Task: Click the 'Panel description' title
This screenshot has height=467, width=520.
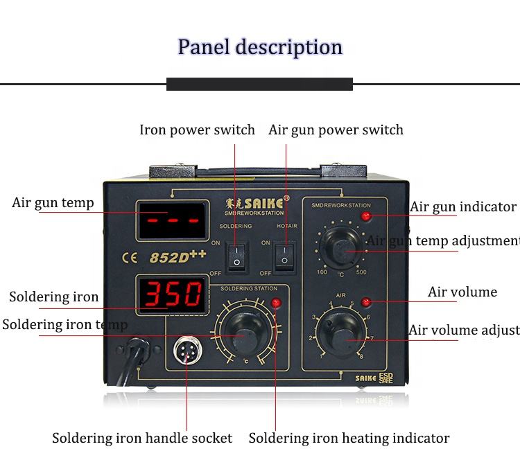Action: pyautogui.click(x=260, y=47)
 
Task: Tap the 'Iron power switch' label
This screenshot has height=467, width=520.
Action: pyautogui.click(x=197, y=130)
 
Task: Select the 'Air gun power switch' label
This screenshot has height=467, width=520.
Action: pyautogui.click(x=336, y=130)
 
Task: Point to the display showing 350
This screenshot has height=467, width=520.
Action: pyautogui.click(x=172, y=294)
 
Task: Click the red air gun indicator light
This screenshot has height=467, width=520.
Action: pyautogui.click(x=366, y=216)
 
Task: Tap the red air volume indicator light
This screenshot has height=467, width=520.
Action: pyautogui.click(x=366, y=301)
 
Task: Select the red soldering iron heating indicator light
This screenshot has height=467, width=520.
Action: pyautogui.click(x=276, y=303)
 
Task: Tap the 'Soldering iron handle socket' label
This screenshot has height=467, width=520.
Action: pyautogui.click(x=142, y=438)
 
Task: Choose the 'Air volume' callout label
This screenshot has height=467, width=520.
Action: pyautogui.click(x=462, y=292)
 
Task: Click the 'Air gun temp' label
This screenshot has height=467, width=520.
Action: pyautogui.click(x=53, y=203)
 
